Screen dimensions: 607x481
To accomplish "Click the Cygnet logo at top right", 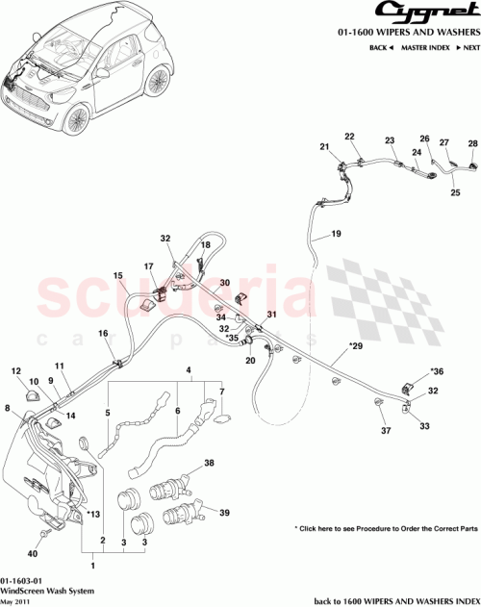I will pyautogui.click(x=429, y=13).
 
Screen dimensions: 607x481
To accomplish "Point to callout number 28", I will pyautogui.click(x=472, y=144).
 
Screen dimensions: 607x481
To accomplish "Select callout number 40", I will pyautogui.click(x=33, y=553).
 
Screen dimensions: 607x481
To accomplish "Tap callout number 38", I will pyautogui.click(x=209, y=464).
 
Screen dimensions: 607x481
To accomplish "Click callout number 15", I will pyautogui.click(x=118, y=276).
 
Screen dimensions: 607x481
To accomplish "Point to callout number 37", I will pyautogui.click(x=386, y=430).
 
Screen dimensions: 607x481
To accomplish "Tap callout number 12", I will pyautogui.click(x=16, y=370).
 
